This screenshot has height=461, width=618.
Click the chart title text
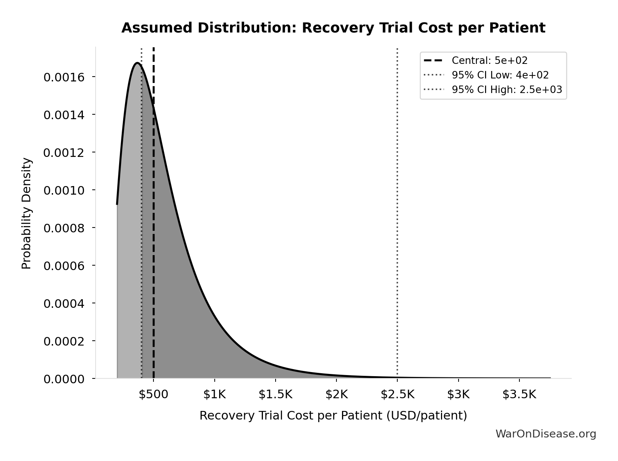pos(333,28)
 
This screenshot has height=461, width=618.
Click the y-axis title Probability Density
pos(27,213)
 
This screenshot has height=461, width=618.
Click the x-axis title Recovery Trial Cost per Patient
pos(333,415)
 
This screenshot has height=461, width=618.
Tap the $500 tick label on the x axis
pos(153,395)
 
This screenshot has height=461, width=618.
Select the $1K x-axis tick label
pos(214,395)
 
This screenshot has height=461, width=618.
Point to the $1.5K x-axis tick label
pos(276,395)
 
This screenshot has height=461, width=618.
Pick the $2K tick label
pos(336,395)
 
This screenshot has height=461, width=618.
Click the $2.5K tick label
pos(397,395)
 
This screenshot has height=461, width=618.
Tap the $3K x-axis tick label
pos(458,395)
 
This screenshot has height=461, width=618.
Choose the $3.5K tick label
pos(519,395)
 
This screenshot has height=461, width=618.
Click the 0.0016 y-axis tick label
pos(64,77)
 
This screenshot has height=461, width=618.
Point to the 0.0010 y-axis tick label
pos(64,191)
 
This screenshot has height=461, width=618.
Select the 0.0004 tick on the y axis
pos(64,303)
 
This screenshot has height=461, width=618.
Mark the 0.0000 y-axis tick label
pos(64,379)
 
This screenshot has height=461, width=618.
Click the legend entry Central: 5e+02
pos(489,61)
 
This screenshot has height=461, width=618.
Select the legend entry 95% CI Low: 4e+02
pos(500,75)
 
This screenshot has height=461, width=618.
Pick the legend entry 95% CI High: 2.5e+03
pos(506,90)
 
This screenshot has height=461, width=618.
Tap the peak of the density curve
pos(137,63)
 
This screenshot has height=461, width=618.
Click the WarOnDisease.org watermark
pos(546,434)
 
